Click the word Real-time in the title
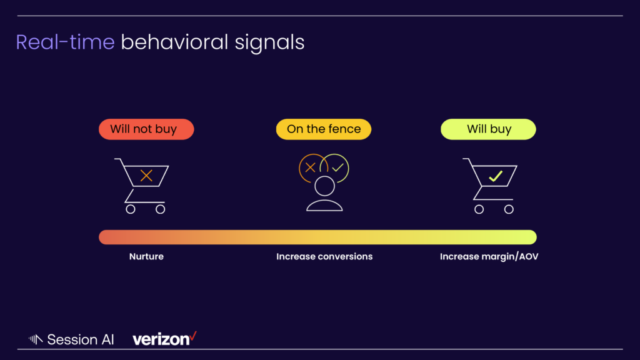pyautogui.click(x=65, y=42)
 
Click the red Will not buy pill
pyautogui.click(x=146, y=129)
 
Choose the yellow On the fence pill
pyautogui.click(x=324, y=129)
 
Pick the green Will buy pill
pyautogui.click(x=488, y=129)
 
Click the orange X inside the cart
pyautogui.click(x=146, y=176)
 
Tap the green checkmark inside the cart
pyautogui.click(x=496, y=176)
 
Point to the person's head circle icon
pyautogui.click(x=324, y=186)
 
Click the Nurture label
pyautogui.click(x=146, y=256)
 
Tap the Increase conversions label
pyautogui.click(x=324, y=256)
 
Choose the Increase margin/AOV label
pyautogui.click(x=489, y=256)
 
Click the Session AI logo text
pyautogui.click(x=81, y=339)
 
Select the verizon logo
pyautogui.click(x=164, y=339)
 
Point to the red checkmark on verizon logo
pyautogui.click(x=193, y=336)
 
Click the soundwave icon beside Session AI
pyautogui.click(x=36, y=339)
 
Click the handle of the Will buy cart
pyautogui.click(x=466, y=159)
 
